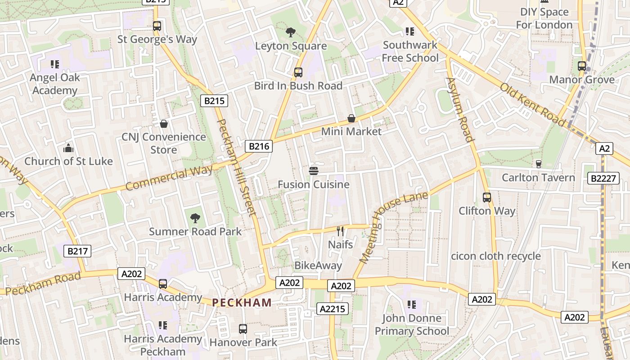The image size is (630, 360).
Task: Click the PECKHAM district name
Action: click(242, 302)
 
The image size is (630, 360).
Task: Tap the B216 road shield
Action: click(259, 146)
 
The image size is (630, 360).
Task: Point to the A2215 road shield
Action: click(333, 309)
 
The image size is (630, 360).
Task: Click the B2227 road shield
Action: click(603, 179)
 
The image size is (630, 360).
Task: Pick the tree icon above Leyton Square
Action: click(291, 32)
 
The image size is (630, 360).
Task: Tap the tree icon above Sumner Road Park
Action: click(195, 218)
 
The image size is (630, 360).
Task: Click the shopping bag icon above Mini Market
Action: click(351, 118)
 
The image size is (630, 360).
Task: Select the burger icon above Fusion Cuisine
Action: click(314, 171)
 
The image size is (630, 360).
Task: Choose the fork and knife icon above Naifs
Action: click(340, 231)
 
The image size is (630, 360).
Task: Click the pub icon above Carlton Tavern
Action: click(538, 164)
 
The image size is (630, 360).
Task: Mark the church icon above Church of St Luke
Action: click(68, 148)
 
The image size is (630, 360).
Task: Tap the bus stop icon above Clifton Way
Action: click(487, 197)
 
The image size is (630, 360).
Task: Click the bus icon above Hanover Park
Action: click(243, 329)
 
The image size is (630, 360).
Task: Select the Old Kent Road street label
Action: click(532, 104)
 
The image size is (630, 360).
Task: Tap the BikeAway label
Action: click(318, 265)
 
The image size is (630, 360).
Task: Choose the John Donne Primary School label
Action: click(412, 324)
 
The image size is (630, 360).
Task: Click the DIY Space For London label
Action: click(544, 18)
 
